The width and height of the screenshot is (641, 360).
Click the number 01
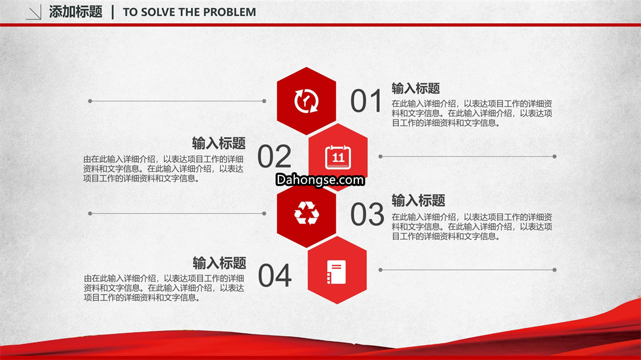pyautogui.click(x=366, y=101)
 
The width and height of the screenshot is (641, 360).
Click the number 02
pyautogui.click(x=274, y=156)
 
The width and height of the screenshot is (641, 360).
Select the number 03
pyautogui.click(x=367, y=214)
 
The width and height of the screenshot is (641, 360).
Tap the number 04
pyautogui.click(x=275, y=275)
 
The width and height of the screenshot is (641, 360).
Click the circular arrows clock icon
pyautogui.click(x=306, y=100)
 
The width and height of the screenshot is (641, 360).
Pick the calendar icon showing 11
pyautogui.click(x=338, y=157)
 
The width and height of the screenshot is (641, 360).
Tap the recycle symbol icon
pyautogui.click(x=307, y=213)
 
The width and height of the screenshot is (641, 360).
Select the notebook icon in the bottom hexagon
pyautogui.click(x=337, y=272)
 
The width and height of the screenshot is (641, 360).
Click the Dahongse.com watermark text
pyautogui.click(x=320, y=180)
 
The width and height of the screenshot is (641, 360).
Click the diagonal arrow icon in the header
pyautogui.click(x=33, y=12)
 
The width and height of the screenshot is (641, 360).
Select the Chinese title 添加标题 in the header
pyautogui.click(x=75, y=12)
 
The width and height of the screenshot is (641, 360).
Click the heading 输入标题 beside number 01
pyautogui.click(x=415, y=88)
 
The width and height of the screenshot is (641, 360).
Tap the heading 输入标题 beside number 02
pyautogui.click(x=218, y=143)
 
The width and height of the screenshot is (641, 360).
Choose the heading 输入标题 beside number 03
pyautogui.click(x=418, y=200)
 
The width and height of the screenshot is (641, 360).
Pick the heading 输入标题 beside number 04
pyautogui.click(x=220, y=263)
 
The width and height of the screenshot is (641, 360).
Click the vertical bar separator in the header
pyautogui.click(x=113, y=12)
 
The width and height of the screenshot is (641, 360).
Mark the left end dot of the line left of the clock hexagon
pyautogui.click(x=90, y=101)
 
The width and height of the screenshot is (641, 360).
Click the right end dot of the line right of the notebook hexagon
pyautogui.click(x=554, y=270)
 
